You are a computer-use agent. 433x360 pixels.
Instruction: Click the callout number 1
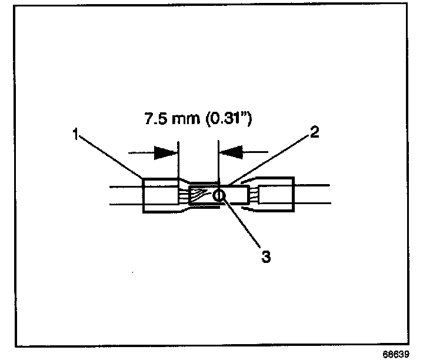(75, 134)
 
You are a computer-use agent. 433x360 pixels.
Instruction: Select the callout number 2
(315, 132)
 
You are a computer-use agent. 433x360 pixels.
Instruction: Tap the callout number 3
(266, 257)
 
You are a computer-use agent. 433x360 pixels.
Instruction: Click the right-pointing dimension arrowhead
(166, 153)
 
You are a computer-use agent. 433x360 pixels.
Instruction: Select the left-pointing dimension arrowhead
(230, 153)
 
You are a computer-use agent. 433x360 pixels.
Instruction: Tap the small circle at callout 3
(219, 195)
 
